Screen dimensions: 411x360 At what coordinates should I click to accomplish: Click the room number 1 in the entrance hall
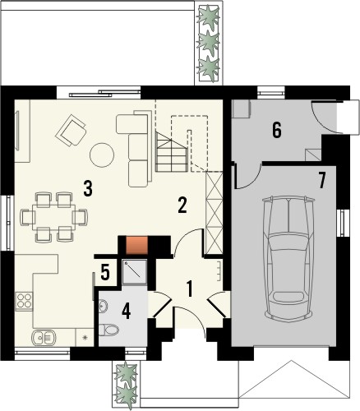(189, 289)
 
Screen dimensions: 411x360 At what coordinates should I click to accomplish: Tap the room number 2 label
(182, 205)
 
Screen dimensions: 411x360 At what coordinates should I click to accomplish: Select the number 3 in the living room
(87, 187)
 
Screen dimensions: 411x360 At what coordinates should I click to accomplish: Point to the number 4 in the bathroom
(127, 312)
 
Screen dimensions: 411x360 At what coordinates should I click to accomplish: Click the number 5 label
(105, 271)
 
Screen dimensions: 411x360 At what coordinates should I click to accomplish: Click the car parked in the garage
(288, 259)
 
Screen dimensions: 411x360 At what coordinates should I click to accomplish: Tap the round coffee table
(103, 155)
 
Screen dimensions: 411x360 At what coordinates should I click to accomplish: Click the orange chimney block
(135, 243)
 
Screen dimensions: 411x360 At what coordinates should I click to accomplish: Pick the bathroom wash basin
(101, 307)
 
